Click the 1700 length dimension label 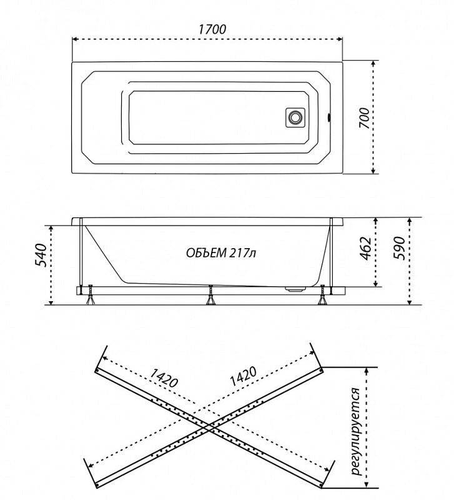(212, 29)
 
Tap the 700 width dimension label (365, 118)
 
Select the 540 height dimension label (41, 255)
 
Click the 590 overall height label (399, 248)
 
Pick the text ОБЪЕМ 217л (221, 253)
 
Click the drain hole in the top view (294, 117)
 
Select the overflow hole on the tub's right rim (328, 117)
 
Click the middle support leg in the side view (210, 295)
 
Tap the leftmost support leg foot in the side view (90, 301)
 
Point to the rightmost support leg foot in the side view (322, 301)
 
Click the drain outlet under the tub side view (295, 289)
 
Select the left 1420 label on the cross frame (164, 377)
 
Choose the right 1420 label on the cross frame (243, 376)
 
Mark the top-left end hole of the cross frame (97, 370)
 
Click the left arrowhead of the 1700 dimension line (74, 39)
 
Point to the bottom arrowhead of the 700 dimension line (373, 171)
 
